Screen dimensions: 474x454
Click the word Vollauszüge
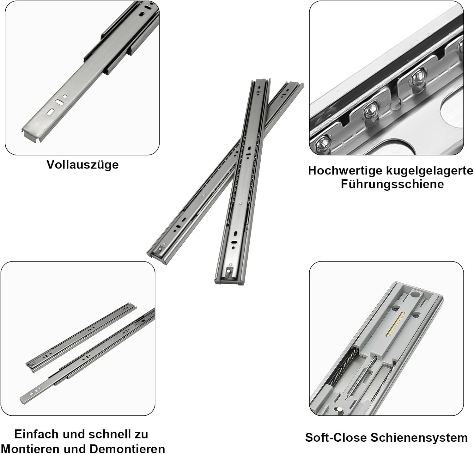(x=82, y=164)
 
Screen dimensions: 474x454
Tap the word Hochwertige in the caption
(x=345, y=171)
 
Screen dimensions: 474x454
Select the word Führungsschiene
(x=392, y=184)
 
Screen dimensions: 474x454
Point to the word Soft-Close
(x=336, y=438)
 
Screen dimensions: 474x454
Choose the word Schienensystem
(x=419, y=438)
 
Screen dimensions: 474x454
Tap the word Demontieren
(x=127, y=449)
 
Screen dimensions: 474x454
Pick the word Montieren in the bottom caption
(x=30, y=449)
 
